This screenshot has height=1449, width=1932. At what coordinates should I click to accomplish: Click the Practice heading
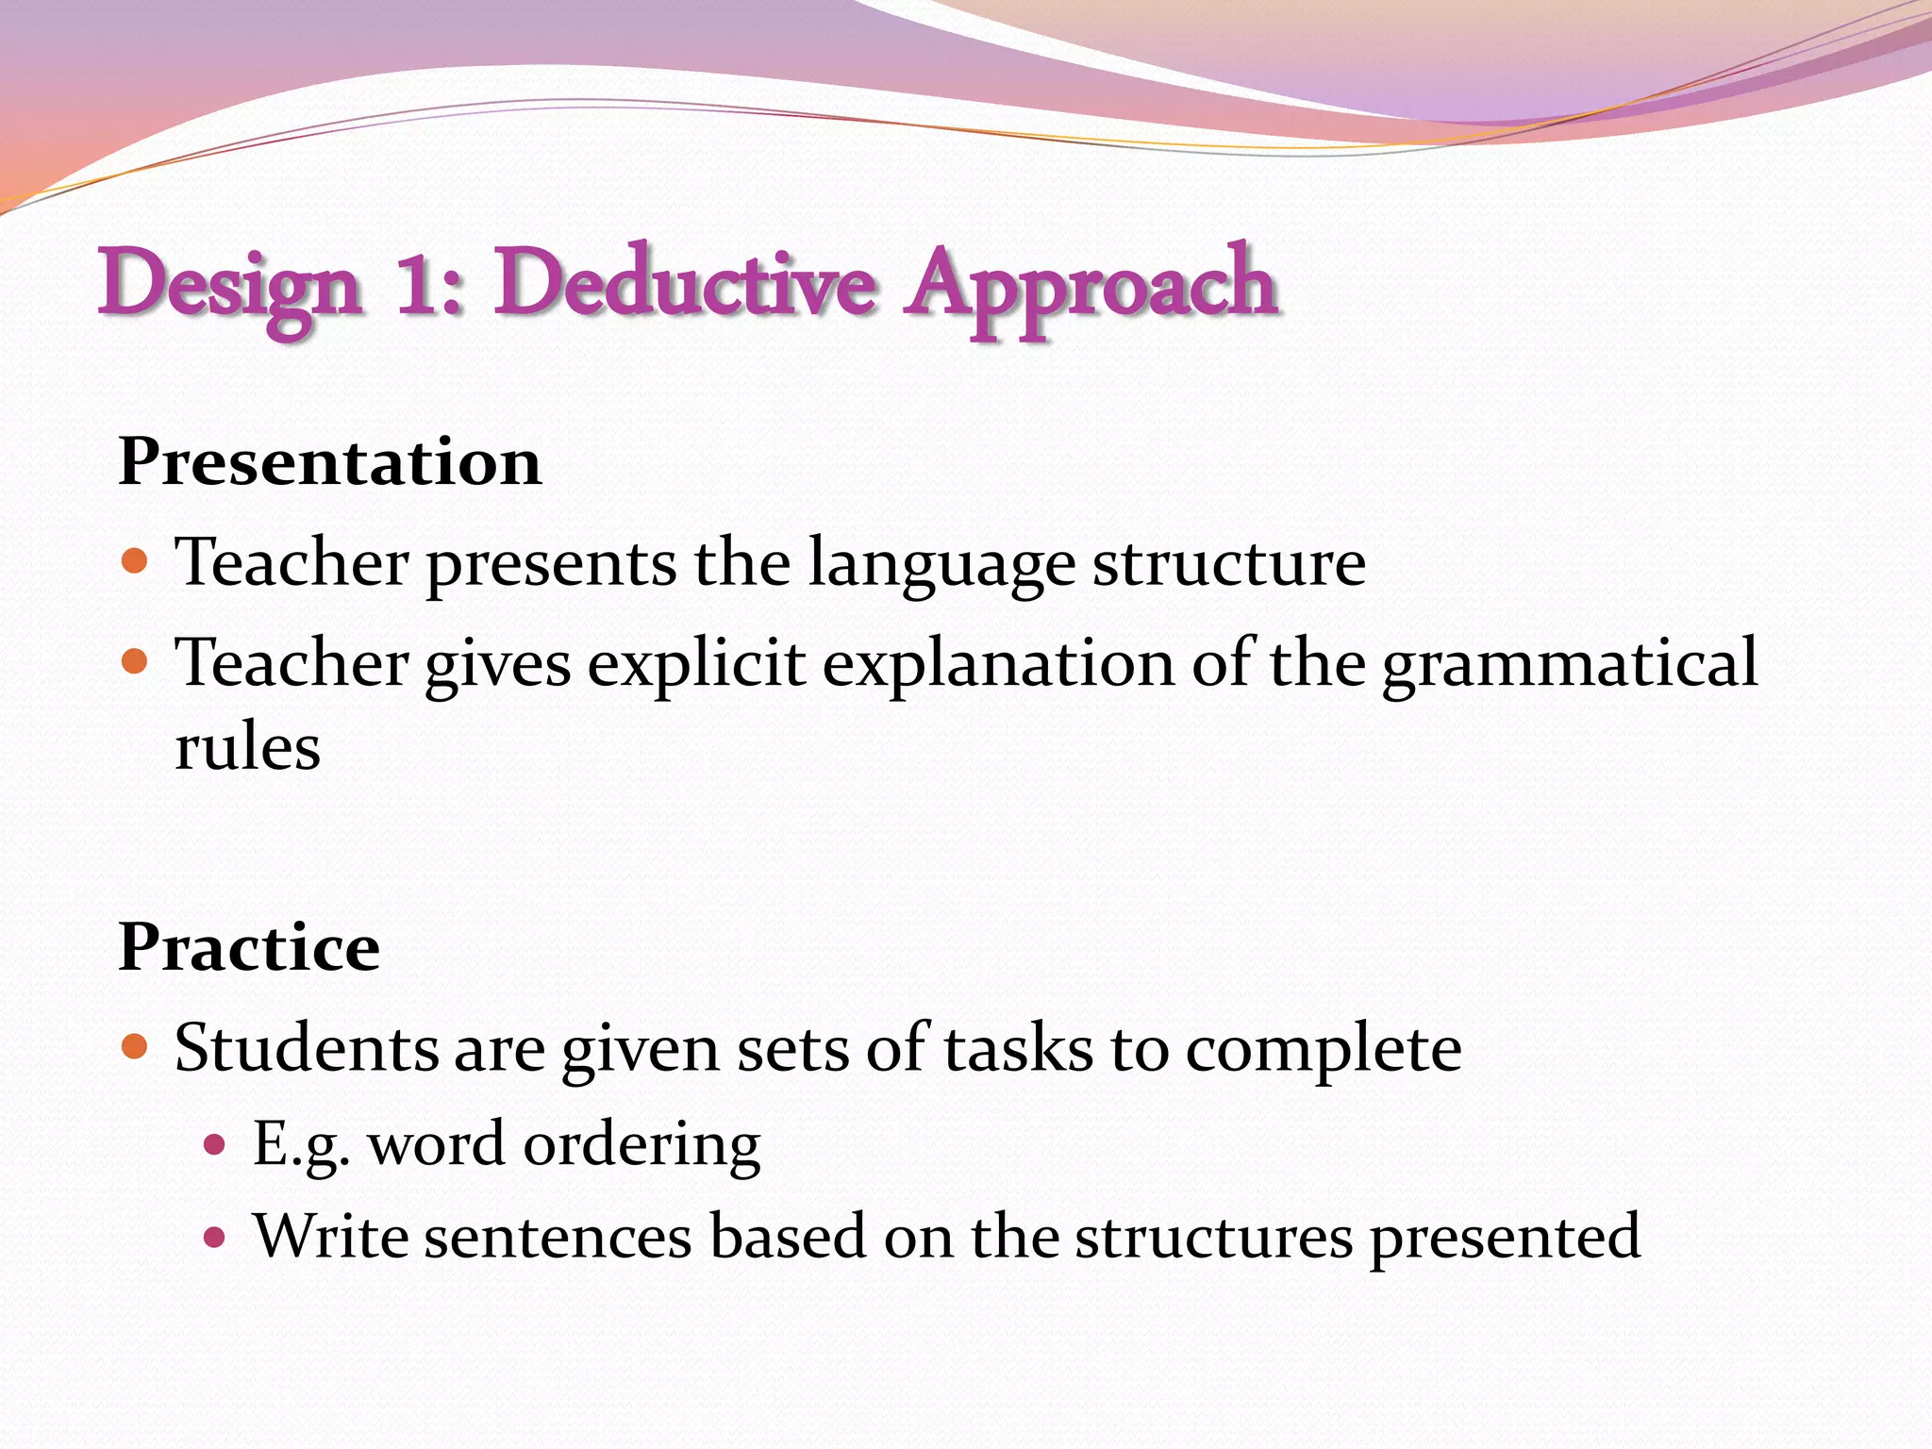coord(249,947)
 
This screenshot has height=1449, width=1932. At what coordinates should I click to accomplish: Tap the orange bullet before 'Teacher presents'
coord(136,561)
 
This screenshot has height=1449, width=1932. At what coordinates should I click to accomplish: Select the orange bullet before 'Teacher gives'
coord(136,661)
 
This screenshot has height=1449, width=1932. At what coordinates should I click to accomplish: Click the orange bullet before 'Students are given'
coord(136,1046)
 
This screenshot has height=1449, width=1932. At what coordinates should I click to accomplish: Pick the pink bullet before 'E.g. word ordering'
coord(215,1144)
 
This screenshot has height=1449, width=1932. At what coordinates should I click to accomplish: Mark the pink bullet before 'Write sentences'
coord(215,1237)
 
